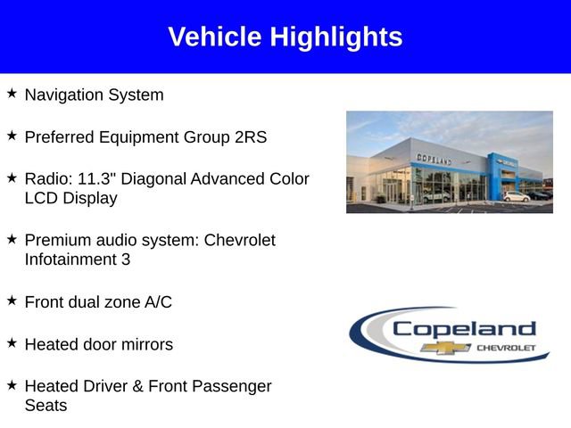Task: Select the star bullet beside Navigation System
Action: pyautogui.click(x=12, y=93)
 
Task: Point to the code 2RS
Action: pyautogui.click(x=251, y=137)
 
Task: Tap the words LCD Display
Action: pyautogui.click(x=70, y=198)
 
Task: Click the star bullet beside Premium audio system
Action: pyautogui.click(x=12, y=239)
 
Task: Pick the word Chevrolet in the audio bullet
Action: pyautogui.click(x=240, y=241)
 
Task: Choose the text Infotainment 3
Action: pyautogui.click(x=77, y=259)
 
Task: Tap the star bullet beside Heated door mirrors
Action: pyautogui.click(x=12, y=342)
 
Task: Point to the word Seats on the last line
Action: pyautogui.click(x=46, y=405)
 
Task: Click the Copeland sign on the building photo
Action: pyautogui.click(x=434, y=158)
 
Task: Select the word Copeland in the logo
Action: pyautogui.click(x=464, y=328)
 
